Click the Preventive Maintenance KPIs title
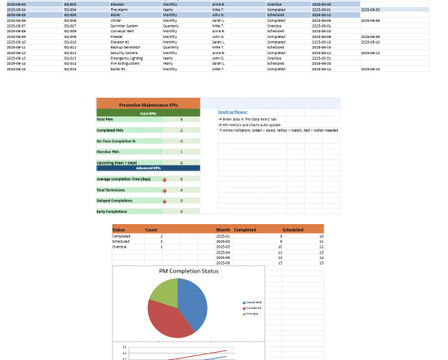[x=148, y=104]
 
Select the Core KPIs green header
[x=148, y=112]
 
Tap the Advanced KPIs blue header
[x=148, y=167]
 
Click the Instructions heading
[x=233, y=112]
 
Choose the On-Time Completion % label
[x=116, y=141]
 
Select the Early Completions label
[x=112, y=211]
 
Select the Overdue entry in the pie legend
[x=252, y=313]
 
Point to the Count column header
[x=150, y=230]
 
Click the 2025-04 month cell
[x=223, y=252]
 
